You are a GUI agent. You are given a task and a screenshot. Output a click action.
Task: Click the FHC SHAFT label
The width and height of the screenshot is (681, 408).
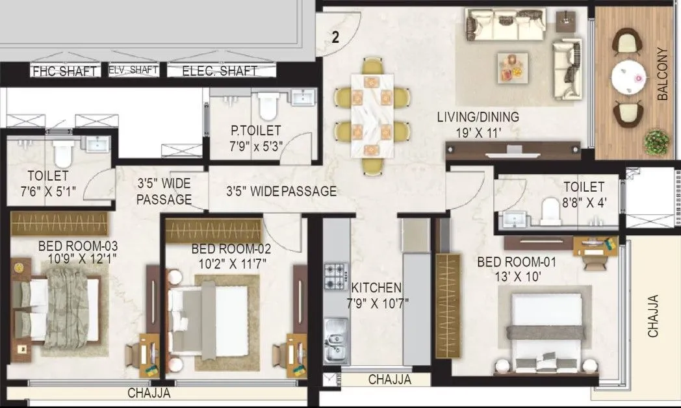coord(65,71)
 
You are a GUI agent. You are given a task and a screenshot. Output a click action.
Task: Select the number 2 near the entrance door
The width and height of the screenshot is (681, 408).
coord(335,38)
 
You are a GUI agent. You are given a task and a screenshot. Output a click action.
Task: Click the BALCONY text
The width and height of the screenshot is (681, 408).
coord(662,74)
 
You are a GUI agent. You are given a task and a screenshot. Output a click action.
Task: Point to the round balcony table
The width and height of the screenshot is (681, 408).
coord(628,78)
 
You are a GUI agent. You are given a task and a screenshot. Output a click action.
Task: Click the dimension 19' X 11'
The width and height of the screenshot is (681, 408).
coord(478,132)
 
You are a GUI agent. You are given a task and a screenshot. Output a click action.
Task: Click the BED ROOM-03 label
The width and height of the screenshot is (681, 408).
coord(78,246)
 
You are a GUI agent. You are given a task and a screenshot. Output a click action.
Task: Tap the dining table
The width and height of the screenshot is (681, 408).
coord(373,116)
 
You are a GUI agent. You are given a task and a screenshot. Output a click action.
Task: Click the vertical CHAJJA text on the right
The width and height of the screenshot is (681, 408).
coord(653,316)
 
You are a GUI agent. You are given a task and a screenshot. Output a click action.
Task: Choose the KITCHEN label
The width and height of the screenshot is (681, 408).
coord(376,287)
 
